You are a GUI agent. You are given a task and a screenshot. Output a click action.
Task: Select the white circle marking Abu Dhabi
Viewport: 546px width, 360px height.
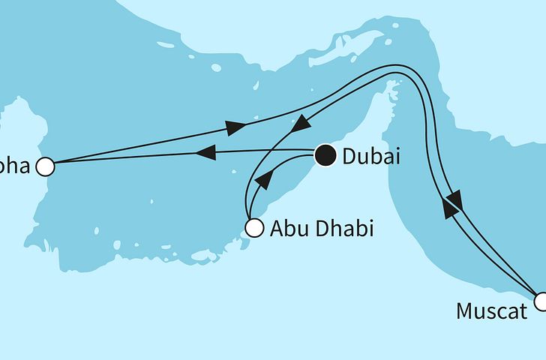click(255, 227)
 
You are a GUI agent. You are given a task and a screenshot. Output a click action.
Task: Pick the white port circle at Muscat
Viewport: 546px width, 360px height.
click(541, 301)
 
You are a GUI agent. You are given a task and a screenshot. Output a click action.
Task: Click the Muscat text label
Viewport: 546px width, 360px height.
click(491, 310)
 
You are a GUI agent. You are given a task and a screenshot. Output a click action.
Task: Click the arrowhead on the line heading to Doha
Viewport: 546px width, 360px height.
click(205, 152)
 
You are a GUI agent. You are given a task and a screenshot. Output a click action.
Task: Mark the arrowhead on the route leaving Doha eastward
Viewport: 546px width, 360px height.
click(235, 128)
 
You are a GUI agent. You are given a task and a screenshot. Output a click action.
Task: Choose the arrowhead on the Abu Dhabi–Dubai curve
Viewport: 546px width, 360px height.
click(263, 181)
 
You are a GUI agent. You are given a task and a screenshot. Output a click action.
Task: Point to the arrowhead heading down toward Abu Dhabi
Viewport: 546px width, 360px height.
click(300, 122)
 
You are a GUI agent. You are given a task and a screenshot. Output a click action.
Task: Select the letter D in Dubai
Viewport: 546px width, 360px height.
click(348, 157)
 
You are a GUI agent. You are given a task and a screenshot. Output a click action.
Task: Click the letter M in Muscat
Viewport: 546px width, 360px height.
click(465, 310)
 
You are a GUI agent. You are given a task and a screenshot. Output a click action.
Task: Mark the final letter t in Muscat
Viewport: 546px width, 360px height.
click(523, 310)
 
